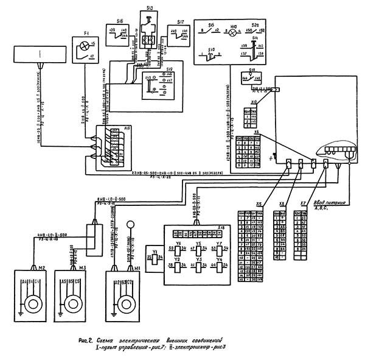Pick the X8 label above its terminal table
[282, 203]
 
